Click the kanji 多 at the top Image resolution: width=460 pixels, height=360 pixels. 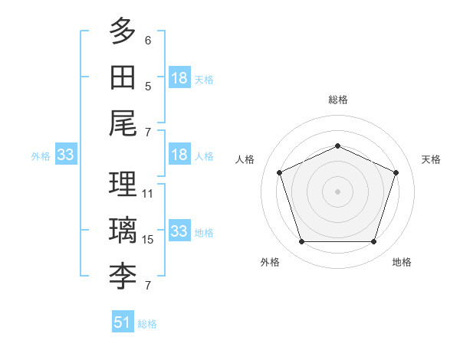(x=123, y=31)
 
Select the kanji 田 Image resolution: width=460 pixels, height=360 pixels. (x=123, y=77)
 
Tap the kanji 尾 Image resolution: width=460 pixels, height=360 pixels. (x=123, y=123)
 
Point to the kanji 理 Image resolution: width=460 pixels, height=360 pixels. (x=123, y=184)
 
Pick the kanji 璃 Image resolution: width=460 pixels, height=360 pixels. (x=123, y=230)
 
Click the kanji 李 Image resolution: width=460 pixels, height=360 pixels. (x=123, y=277)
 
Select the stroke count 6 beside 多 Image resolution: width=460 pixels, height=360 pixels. (x=148, y=41)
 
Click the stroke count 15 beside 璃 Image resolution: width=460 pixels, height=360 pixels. (x=147, y=240)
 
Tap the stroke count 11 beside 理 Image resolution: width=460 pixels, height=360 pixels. (x=147, y=194)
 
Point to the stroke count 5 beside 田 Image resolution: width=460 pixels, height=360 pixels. (x=148, y=87)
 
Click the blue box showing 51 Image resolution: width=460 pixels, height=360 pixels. (x=123, y=321)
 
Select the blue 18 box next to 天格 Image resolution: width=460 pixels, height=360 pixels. (x=180, y=77)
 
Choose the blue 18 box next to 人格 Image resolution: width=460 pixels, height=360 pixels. (x=180, y=154)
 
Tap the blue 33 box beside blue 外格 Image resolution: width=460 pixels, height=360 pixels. (x=66, y=154)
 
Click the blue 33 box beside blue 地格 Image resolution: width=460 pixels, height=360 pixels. (x=180, y=230)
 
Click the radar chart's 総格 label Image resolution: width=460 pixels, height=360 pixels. (x=338, y=100)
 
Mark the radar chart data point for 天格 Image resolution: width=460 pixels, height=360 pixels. (x=396, y=172)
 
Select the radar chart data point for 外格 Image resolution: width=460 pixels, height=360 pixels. (x=302, y=242)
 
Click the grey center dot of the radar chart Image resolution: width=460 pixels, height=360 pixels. (x=337, y=191)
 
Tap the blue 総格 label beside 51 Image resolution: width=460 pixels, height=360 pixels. (x=147, y=324)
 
